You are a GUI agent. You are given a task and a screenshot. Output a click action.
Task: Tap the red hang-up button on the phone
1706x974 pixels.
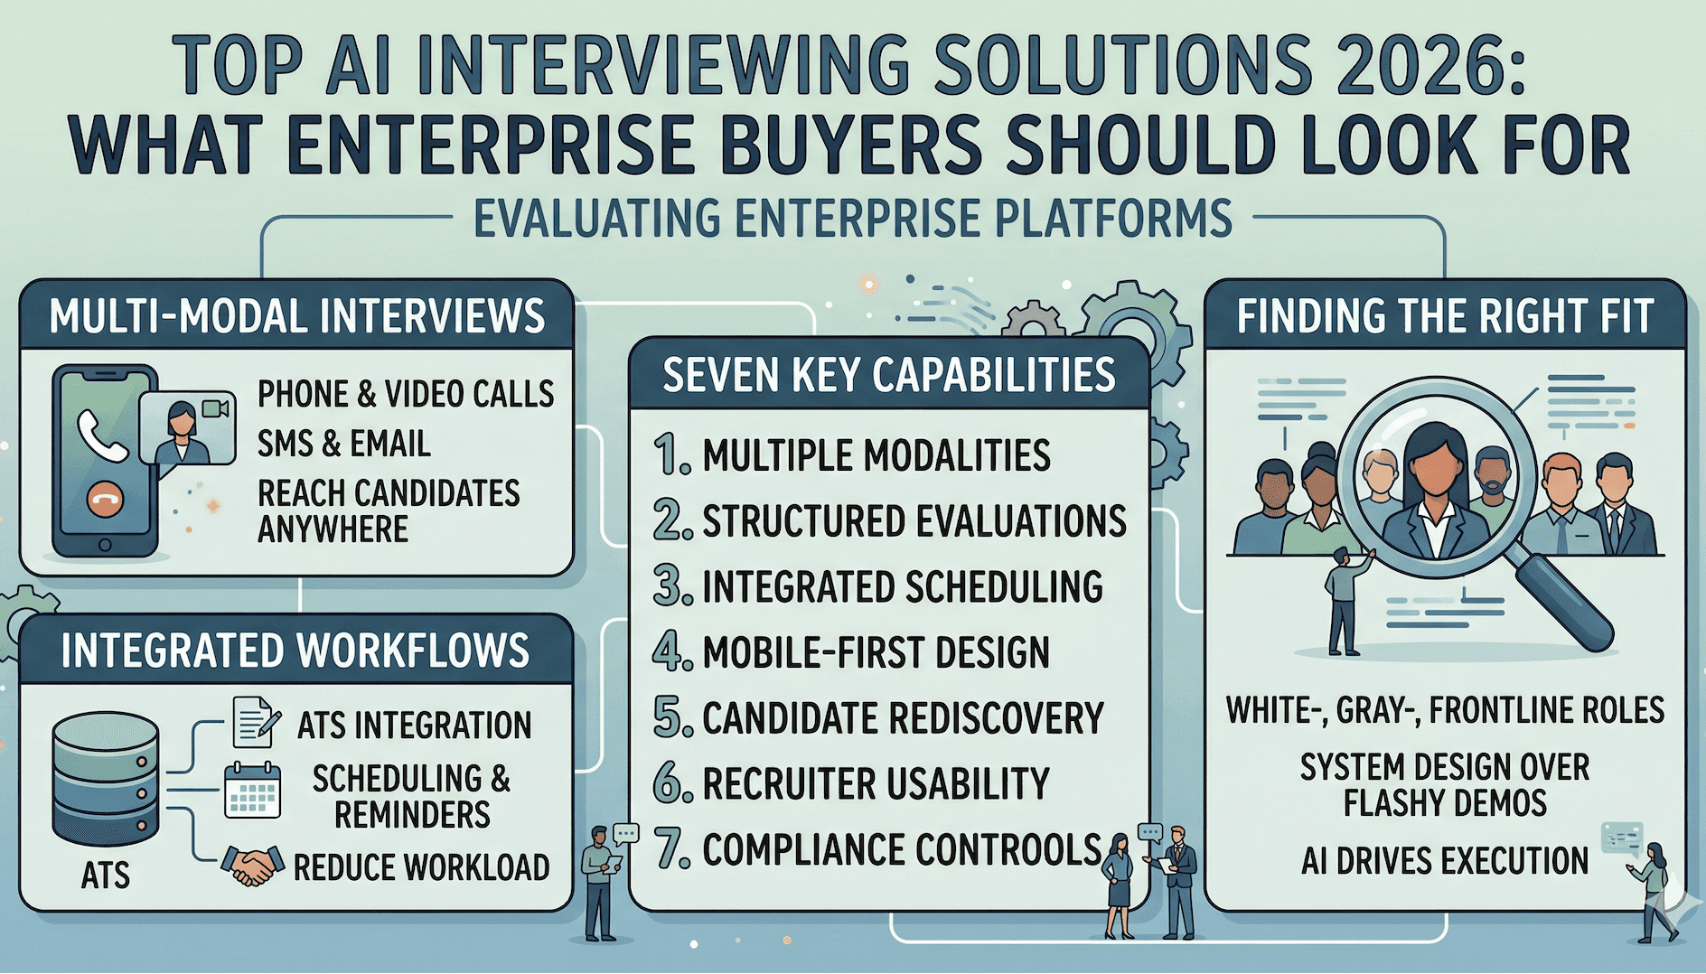(106, 498)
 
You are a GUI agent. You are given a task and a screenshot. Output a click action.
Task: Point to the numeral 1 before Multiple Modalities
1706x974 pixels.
(670, 454)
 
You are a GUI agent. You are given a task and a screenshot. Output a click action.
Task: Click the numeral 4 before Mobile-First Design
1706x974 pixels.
(670, 652)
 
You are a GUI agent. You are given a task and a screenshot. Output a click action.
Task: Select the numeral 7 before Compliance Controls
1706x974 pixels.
(671, 849)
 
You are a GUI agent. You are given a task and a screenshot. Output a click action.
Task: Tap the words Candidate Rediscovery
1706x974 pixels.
(903, 718)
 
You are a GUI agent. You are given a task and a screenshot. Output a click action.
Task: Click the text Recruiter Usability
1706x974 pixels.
(876, 784)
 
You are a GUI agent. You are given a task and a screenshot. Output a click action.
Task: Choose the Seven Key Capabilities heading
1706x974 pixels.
(889, 375)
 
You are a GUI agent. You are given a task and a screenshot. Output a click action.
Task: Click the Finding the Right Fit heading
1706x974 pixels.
(1445, 316)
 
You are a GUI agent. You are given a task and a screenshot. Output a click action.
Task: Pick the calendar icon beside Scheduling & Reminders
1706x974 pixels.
(252, 791)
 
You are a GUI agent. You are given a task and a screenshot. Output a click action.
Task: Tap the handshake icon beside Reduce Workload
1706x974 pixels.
(252, 866)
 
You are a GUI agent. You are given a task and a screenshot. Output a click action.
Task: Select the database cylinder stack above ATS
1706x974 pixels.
(106, 779)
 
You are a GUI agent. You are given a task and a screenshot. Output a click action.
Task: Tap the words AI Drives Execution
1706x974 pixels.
(1444, 861)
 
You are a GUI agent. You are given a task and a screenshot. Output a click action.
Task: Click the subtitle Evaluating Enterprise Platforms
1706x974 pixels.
(853, 219)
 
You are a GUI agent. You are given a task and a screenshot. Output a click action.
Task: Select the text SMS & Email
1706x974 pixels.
(343, 444)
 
